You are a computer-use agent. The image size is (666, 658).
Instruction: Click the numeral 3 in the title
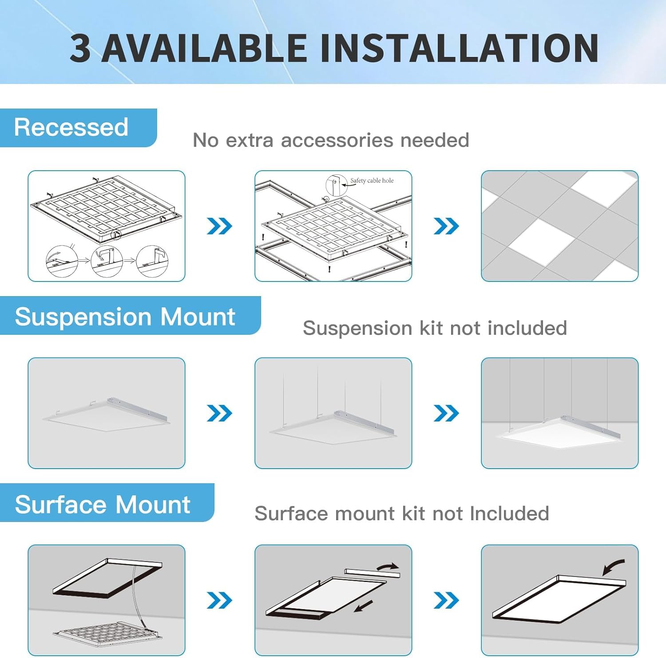pos(81,48)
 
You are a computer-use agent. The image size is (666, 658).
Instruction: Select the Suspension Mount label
pos(125,317)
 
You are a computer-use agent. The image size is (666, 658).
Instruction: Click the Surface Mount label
pos(103,504)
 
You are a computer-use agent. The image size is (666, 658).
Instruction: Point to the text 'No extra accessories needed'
pos(331,140)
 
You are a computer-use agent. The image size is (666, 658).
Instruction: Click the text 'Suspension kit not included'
pos(435,328)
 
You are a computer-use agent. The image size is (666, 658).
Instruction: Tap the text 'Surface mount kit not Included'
pos(402,514)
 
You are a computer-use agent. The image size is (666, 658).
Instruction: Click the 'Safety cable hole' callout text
pos(372,181)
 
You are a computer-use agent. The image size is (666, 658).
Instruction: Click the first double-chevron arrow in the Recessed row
pos(219,226)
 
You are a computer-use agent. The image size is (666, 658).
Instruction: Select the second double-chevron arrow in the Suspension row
pos(446,413)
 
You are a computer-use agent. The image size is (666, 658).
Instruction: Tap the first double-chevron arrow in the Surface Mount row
pos(219,601)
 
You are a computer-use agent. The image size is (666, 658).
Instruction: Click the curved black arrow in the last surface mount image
pos(613,567)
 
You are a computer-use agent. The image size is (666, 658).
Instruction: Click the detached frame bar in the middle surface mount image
pos(372,573)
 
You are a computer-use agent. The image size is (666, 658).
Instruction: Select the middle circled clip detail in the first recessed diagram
pos(107,261)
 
